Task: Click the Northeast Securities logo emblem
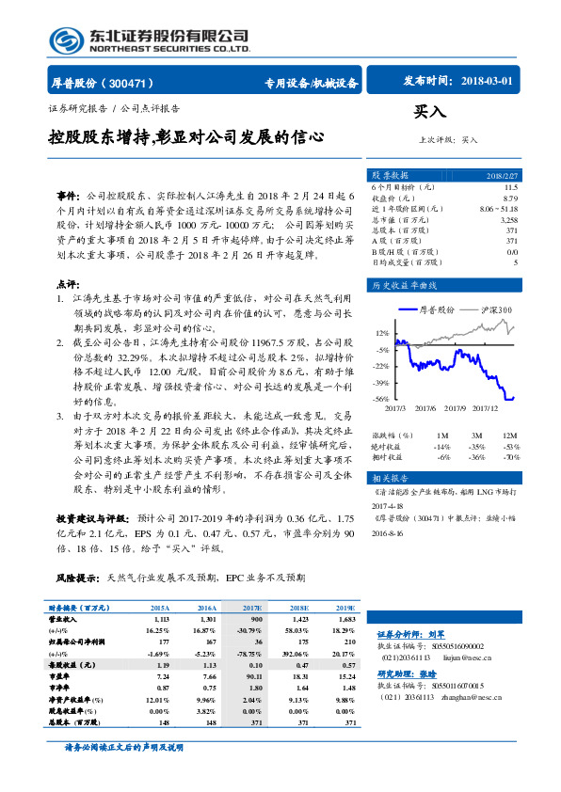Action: tap(65, 40)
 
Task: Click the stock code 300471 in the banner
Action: tap(133, 83)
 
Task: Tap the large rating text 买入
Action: tap(429, 112)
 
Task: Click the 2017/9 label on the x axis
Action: tap(457, 409)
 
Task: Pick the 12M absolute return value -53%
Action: tap(510, 447)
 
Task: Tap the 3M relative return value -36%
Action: tap(476, 457)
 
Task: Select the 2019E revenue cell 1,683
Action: tap(345, 621)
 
